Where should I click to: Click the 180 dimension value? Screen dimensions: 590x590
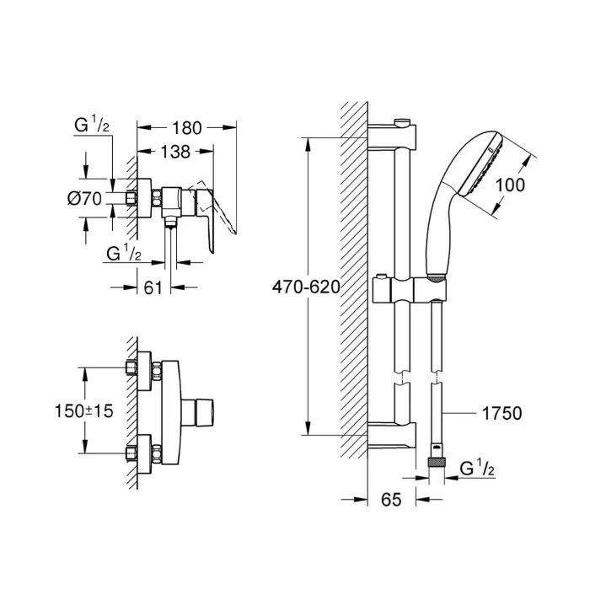pyautogui.click(x=186, y=128)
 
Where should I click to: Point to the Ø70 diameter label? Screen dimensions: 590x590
pyautogui.click(x=83, y=199)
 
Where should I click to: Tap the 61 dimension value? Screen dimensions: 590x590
pyautogui.click(x=153, y=287)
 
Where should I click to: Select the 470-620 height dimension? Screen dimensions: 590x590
pyautogui.click(x=306, y=287)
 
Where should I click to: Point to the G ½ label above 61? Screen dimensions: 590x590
pyautogui.click(x=125, y=253)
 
